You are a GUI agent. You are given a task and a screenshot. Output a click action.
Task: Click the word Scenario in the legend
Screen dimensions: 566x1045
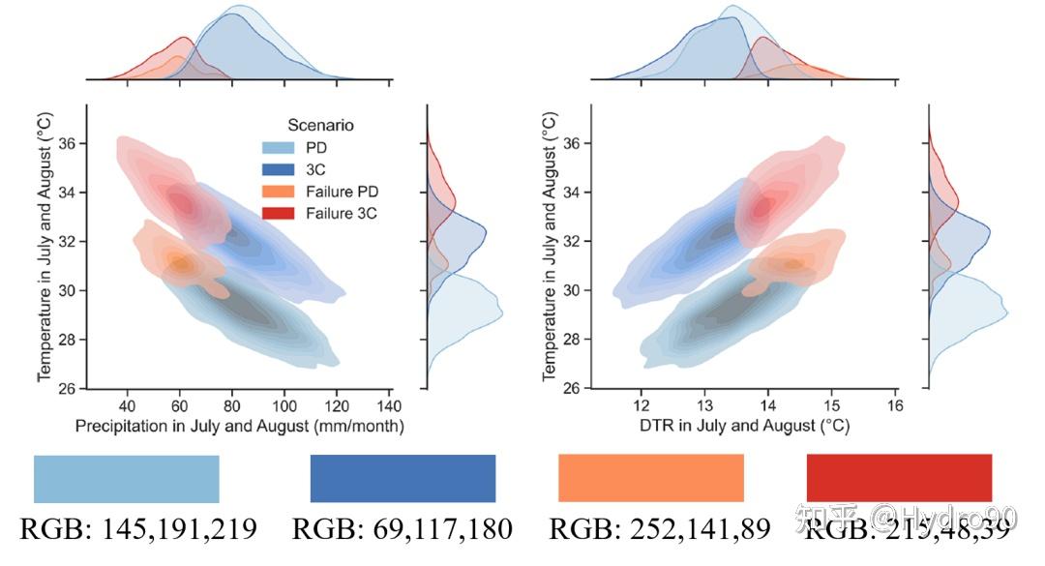[320, 125]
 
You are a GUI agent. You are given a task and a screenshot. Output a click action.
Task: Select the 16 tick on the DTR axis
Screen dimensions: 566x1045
[895, 404]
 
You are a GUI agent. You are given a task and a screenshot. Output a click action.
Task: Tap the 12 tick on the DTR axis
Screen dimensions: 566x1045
[641, 404]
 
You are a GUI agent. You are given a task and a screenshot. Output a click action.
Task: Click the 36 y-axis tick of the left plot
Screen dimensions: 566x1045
[72, 143]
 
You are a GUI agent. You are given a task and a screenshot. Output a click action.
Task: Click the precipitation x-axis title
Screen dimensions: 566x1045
[240, 426]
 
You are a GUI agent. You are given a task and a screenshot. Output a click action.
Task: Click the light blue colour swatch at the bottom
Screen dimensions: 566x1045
[127, 479]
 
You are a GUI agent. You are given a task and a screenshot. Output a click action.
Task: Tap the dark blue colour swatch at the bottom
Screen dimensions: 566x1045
[403, 479]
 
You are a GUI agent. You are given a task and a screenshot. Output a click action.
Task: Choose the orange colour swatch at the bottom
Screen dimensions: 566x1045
[651, 479]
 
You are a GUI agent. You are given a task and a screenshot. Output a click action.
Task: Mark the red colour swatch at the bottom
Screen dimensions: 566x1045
[899, 479]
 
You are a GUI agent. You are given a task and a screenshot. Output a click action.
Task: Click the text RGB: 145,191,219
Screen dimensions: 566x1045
[138, 529]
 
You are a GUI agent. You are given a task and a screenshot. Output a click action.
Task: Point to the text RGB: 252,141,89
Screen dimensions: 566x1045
[660, 529]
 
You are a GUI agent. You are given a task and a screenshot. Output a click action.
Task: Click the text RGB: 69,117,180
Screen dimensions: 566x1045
[403, 529]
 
